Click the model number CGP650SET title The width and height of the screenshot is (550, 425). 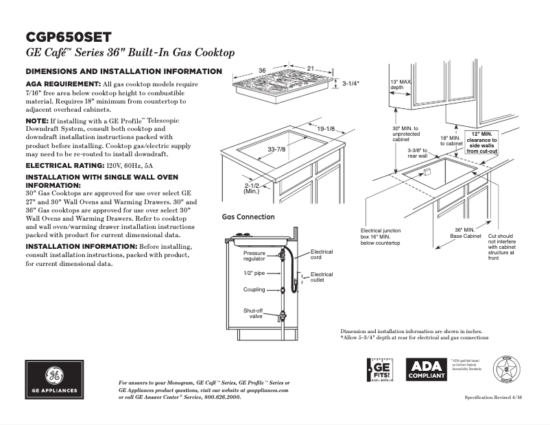click(x=68, y=37)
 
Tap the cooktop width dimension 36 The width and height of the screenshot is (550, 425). click(x=262, y=71)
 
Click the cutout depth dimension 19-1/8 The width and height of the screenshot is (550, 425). click(x=325, y=128)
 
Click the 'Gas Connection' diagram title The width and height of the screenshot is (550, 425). click(x=248, y=217)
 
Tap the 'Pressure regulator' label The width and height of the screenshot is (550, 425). click(x=254, y=256)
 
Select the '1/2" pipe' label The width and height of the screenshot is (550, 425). click(x=253, y=273)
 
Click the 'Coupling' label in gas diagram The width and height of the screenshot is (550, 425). click(x=254, y=289)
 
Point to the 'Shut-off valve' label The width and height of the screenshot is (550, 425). click(x=254, y=313)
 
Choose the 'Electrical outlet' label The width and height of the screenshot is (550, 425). click(x=322, y=277)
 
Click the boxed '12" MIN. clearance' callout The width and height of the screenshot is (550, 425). click(x=482, y=142)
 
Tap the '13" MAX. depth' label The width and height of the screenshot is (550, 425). click(x=400, y=84)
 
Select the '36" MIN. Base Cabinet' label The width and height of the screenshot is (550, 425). click(x=465, y=232)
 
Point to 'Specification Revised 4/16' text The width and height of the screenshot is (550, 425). click(x=497, y=398)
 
